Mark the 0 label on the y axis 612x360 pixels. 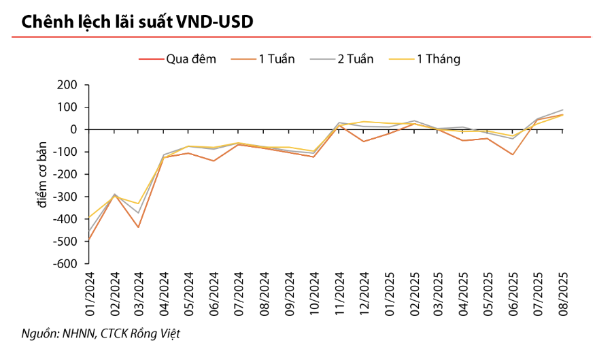click(x=75, y=129)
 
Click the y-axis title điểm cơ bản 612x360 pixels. click(x=42, y=174)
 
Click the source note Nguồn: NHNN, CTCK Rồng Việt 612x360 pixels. click(x=102, y=333)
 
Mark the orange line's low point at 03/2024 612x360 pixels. click(x=139, y=227)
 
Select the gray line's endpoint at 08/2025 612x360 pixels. click(x=563, y=110)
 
